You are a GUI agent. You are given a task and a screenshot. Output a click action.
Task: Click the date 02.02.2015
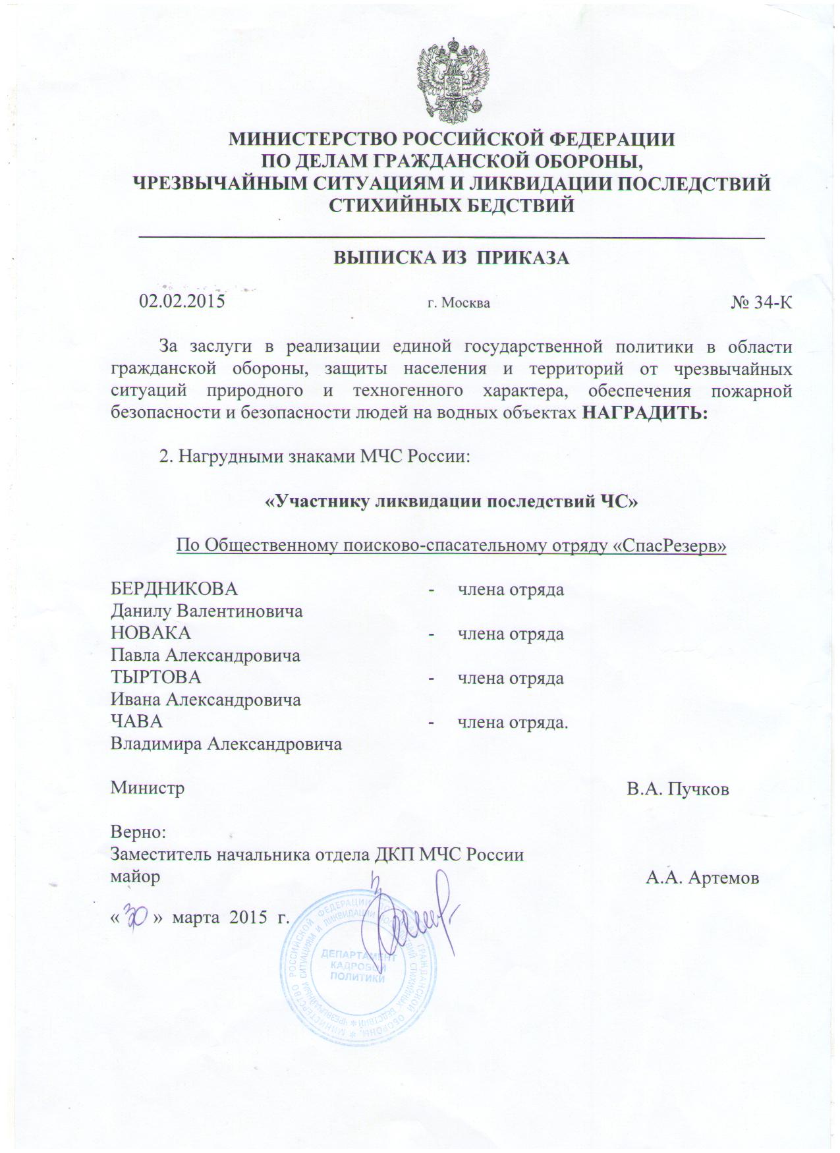[182, 301]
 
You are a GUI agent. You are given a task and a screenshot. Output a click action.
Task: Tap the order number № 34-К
[761, 302]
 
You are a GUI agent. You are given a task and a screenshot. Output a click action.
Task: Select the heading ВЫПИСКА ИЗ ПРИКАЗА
[451, 258]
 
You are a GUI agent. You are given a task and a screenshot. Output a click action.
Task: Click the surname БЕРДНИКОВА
[174, 588]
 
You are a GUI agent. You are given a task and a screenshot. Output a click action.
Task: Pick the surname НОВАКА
[150, 633]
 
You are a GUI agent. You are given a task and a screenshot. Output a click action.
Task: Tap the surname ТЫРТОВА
[155, 677]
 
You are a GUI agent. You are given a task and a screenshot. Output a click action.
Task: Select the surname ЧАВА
[136, 721]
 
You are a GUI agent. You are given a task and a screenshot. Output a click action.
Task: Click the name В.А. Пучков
[677, 789]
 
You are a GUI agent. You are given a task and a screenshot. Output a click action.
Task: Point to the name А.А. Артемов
[702, 878]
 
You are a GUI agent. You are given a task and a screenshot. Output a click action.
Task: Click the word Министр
[147, 788]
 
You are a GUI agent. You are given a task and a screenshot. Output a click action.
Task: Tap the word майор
[135, 878]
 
